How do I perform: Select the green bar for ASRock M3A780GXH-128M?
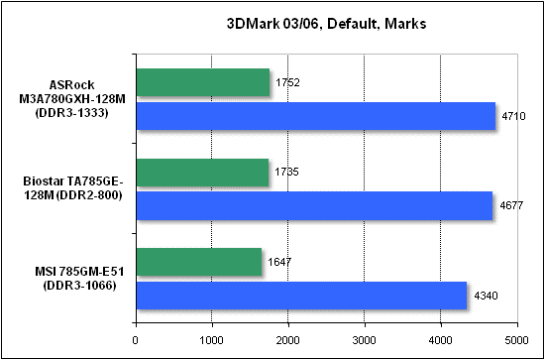202,83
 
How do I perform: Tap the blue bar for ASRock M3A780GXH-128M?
315,116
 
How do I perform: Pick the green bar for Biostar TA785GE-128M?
201,173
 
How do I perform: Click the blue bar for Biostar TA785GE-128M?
313,205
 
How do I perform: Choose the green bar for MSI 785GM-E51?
198,262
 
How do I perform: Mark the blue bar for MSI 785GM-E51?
300,295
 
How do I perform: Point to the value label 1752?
286,83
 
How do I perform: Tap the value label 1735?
285,173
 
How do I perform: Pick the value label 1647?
278,262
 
